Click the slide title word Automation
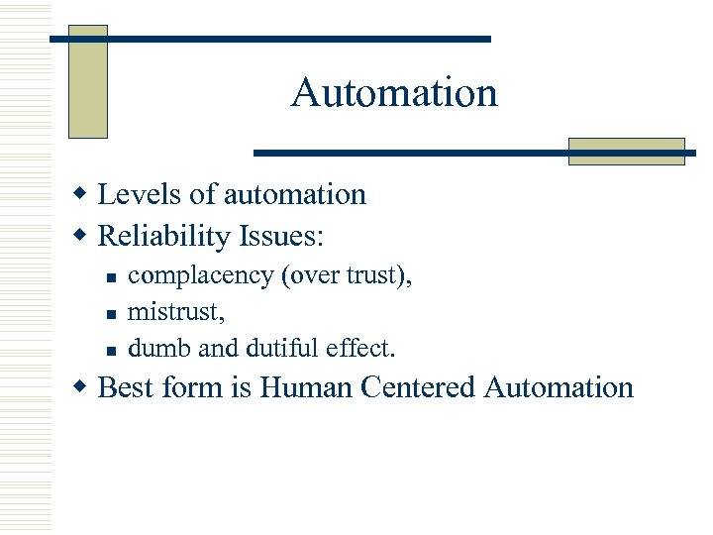394,93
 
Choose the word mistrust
176,312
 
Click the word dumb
155,348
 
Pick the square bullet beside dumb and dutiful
112,350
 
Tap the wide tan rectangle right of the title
626,151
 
